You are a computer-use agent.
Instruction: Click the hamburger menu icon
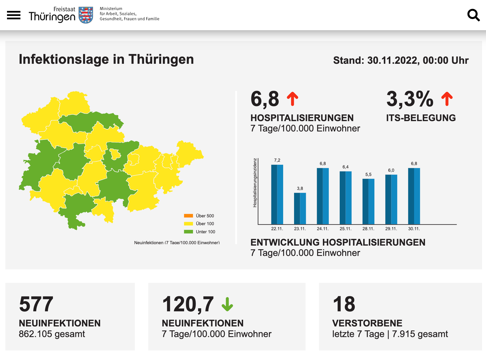14,15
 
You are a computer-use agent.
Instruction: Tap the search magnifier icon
473,15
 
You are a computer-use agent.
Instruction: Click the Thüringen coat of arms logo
86,15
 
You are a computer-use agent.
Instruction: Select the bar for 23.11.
300,208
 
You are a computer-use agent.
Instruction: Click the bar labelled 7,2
277,194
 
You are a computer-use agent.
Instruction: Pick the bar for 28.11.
368,201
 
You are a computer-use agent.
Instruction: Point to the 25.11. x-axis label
346,229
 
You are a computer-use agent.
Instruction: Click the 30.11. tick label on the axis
414,229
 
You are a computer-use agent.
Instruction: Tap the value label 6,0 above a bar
391,170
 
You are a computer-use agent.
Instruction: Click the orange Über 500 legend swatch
188,216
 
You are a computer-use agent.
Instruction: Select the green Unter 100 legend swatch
188,232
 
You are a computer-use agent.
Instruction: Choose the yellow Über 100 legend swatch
188,223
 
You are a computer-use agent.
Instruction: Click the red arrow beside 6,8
293,99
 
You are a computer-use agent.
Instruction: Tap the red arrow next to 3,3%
447,99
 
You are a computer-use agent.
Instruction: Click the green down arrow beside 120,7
227,304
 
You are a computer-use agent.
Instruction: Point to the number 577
36,304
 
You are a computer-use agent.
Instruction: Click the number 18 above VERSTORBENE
344,304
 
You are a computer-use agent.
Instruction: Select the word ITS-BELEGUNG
421,118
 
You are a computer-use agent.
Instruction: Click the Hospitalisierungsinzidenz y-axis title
255,183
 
